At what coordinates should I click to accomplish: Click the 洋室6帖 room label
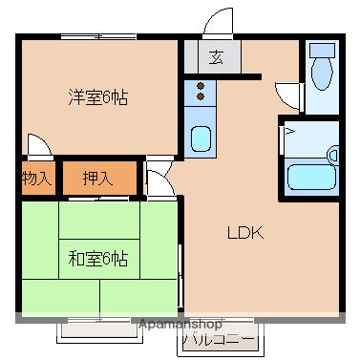pos(99,96)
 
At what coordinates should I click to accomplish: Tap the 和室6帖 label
pos(99,257)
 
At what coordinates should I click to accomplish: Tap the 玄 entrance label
pos(218,56)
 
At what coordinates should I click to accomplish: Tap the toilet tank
pos(324,48)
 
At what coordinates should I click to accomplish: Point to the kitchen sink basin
pos(201,138)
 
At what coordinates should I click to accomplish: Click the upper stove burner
pos(201,84)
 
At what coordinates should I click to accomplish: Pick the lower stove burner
pos(201,96)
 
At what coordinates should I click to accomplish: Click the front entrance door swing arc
pos(221,22)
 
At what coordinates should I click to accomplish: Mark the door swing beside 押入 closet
pos(159,172)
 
